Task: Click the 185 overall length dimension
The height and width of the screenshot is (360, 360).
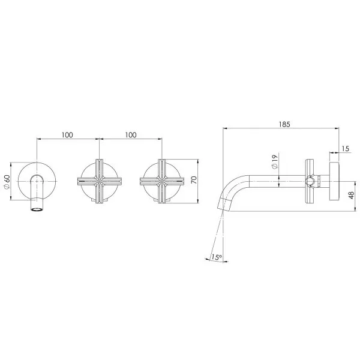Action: (x=284, y=125)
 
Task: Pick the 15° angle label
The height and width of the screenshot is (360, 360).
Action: (x=217, y=257)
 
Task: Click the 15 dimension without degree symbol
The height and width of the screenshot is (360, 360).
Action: (x=347, y=148)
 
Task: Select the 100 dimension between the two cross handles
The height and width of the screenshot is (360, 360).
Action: (x=130, y=135)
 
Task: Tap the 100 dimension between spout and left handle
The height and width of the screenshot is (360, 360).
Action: (x=67, y=135)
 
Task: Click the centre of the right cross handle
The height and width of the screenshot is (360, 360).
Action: (x=160, y=181)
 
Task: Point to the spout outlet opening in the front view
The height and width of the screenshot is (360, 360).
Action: (x=37, y=209)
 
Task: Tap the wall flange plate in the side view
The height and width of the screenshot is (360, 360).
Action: (x=335, y=181)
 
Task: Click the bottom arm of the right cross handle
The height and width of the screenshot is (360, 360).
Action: (x=160, y=196)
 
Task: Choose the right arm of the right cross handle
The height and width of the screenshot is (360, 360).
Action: (x=176, y=181)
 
